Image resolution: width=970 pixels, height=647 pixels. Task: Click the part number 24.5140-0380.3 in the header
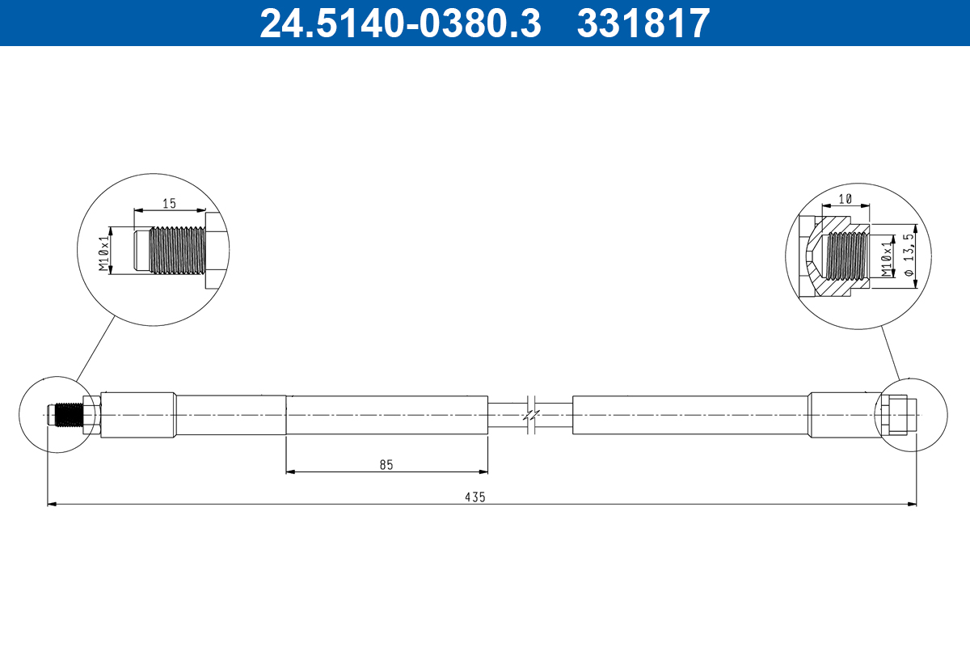click(x=399, y=23)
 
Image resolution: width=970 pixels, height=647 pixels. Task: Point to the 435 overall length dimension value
click(x=474, y=497)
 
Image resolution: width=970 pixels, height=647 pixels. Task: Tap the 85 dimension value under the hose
click(x=386, y=464)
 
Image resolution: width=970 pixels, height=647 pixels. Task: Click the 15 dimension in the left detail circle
click(x=169, y=204)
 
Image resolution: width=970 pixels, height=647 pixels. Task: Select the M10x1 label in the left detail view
click(x=103, y=253)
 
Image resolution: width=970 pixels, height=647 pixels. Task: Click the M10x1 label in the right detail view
click(x=888, y=257)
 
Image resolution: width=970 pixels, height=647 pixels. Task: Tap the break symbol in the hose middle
click(x=529, y=415)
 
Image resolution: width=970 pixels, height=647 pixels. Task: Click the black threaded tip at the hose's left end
click(x=69, y=415)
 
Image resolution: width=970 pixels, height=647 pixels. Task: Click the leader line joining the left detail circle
click(x=96, y=347)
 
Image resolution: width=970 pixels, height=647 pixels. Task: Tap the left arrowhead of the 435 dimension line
click(x=52, y=505)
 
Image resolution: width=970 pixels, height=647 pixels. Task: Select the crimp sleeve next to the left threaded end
click(x=137, y=415)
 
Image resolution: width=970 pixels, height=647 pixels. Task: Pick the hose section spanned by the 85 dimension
click(x=386, y=415)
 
